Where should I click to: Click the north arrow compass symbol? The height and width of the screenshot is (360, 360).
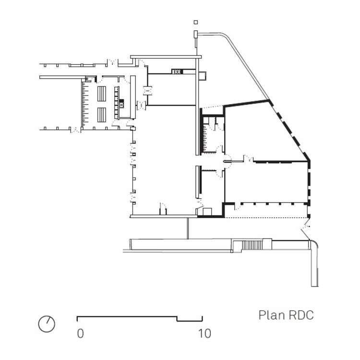point(47,324)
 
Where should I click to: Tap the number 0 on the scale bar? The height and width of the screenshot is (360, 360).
point(81,333)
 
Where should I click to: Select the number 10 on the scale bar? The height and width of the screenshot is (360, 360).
point(204,333)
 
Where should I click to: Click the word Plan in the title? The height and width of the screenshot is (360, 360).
point(271,315)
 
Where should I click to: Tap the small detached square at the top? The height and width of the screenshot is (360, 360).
point(195,22)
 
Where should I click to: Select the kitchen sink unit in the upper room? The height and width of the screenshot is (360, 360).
point(177,72)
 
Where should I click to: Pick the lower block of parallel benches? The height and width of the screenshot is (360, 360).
point(102,114)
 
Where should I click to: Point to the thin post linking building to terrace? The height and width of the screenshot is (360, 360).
point(188,228)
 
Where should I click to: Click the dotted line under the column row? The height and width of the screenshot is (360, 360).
point(264,218)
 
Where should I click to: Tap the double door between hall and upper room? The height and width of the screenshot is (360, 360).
point(147,89)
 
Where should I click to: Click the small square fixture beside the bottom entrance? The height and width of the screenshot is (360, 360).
point(208,211)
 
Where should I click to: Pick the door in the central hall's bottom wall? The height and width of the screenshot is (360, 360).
point(163,210)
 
